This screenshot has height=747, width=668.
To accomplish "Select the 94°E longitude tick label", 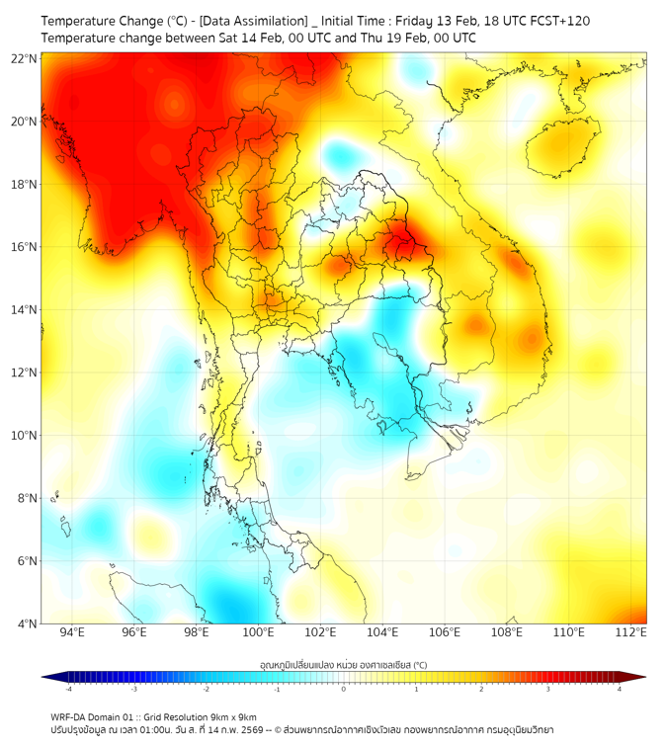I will point(72,632).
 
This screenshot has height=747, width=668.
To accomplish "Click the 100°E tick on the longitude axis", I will point(259,632).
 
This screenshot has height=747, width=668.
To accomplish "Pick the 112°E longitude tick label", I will point(631,632).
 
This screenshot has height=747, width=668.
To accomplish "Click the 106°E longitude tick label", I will point(445,632).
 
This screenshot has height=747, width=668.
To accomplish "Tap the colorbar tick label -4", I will point(68,689).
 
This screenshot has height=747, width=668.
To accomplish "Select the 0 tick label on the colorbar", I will point(344,689).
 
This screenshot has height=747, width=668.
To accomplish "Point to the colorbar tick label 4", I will point(620,689).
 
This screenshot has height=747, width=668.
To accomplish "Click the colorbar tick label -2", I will point(206,689).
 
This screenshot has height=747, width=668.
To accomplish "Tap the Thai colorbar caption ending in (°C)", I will point(343,665).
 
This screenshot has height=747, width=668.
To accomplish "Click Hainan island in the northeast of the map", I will point(564,145).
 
